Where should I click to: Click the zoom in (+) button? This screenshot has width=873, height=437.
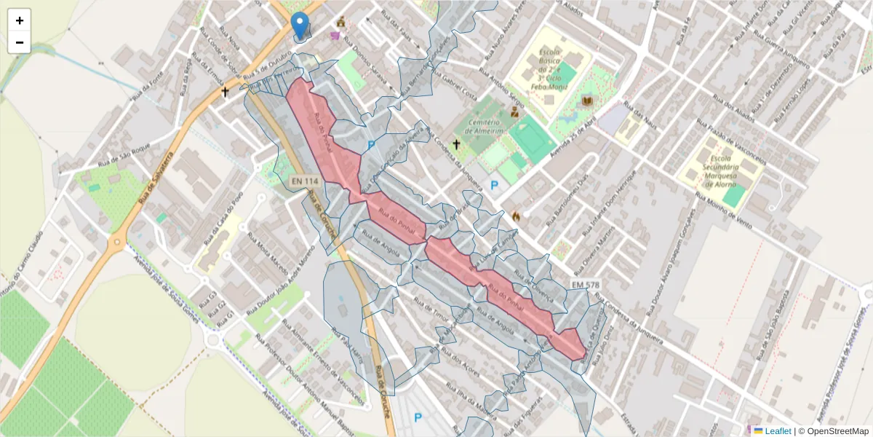(x=20, y=20)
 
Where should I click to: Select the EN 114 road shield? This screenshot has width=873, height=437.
(x=305, y=181)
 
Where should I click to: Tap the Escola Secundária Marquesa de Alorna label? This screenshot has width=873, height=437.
(x=720, y=171)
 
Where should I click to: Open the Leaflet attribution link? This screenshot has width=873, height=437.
(x=777, y=431)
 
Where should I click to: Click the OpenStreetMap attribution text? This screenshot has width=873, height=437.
(x=837, y=431)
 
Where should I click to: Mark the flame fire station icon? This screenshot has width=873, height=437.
(x=516, y=216)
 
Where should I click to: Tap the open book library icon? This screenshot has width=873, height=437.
(x=587, y=101)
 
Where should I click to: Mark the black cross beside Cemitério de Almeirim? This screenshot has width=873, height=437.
(x=457, y=144)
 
